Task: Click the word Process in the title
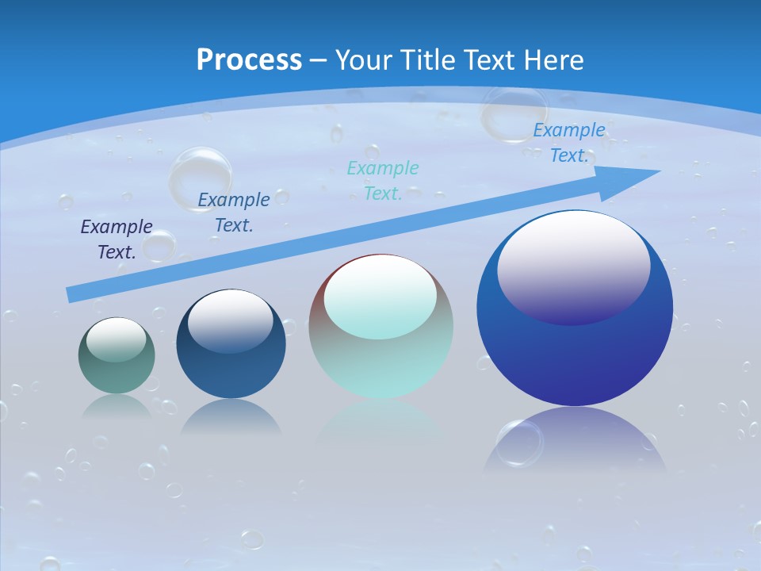tap(249, 60)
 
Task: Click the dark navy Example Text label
tap(117, 240)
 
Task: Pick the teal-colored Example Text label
tap(383, 181)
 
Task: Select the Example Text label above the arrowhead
tap(568, 143)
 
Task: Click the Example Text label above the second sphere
tap(234, 213)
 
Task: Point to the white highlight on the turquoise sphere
tap(380, 295)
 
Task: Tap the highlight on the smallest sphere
tap(117, 339)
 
